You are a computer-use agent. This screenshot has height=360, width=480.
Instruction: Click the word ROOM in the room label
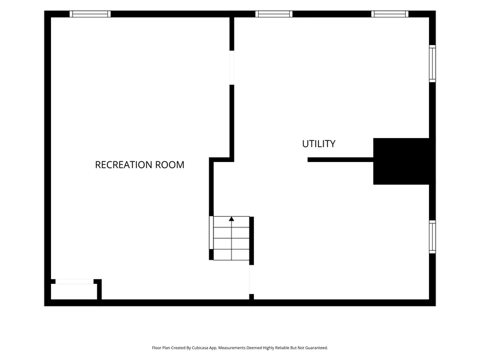coord(170,164)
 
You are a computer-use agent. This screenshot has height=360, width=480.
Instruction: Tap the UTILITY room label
coord(319,144)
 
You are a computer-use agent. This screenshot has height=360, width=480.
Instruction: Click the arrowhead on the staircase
coord(232,219)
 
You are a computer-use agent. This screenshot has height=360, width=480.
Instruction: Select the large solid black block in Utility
coord(401,161)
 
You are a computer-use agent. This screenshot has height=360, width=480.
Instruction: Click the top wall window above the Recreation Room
coord(90,14)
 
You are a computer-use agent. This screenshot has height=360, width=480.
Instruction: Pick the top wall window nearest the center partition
coord(274,14)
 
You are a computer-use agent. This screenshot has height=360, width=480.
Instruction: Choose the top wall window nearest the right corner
coord(389,14)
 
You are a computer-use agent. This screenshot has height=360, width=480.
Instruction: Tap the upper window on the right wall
coord(432,64)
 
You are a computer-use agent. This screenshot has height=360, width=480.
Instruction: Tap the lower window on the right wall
coord(432,237)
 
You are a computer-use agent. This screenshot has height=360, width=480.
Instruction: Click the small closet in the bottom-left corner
coord(74,292)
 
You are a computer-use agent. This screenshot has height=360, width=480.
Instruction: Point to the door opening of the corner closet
coord(74,281)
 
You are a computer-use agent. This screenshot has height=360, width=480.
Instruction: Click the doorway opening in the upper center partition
coord(232,68)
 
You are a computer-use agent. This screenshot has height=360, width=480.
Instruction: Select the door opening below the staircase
coord(251,280)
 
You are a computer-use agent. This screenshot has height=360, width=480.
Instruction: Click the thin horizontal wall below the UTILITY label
coord(340,160)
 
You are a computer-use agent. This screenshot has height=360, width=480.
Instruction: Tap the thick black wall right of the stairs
coord(251,241)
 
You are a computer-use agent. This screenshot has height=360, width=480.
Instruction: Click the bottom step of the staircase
coord(232,254)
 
